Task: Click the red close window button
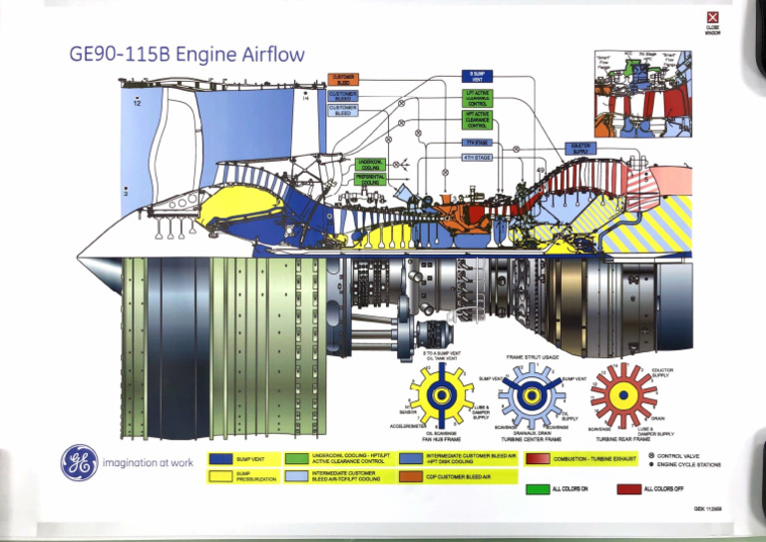pos(711,17)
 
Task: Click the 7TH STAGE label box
pos(477,143)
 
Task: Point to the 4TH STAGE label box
pos(477,158)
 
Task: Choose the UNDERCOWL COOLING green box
pos(370,163)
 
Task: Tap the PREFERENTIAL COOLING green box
pos(370,179)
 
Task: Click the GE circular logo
pos(80,461)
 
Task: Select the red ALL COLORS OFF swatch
pos(628,489)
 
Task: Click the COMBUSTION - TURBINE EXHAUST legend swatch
pos(537,458)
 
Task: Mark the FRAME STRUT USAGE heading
pos(531,356)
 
